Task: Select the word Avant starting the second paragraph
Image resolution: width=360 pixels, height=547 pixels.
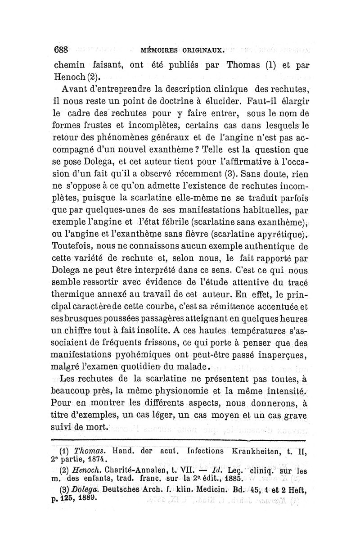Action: click(x=76, y=87)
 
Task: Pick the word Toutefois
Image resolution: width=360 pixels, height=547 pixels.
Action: click(x=72, y=247)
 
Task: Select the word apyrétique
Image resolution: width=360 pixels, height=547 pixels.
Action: click(x=279, y=235)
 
